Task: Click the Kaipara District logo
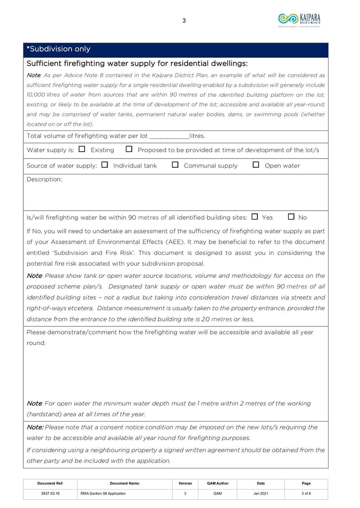[x=299, y=19]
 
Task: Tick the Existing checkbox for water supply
[x=82, y=149]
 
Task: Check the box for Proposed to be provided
[x=129, y=149]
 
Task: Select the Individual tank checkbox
[x=105, y=165]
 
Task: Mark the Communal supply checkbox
[x=175, y=165]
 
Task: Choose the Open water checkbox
[x=256, y=165]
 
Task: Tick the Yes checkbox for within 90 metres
[x=255, y=217]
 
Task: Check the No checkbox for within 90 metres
[x=291, y=217]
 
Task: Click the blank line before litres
[x=169, y=136]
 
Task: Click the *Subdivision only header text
[x=58, y=49]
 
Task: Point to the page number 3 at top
[x=184, y=20]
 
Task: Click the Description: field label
[x=45, y=179]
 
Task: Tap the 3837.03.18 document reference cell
[x=50, y=494]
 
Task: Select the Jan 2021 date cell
[x=261, y=494]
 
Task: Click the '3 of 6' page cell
[x=306, y=494]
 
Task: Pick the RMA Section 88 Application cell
[x=103, y=494]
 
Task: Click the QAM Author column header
[x=218, y=483]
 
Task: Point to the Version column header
[x=185, y=483]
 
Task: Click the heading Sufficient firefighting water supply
[x=137, y=63]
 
